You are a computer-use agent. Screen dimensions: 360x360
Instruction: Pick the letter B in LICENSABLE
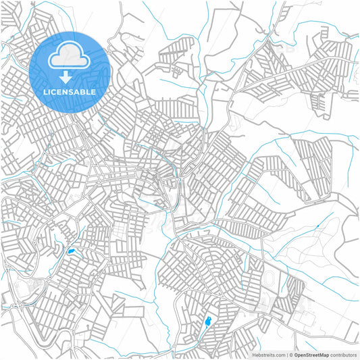[x=84, y=92]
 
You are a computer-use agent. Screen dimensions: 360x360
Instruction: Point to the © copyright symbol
[x=290, y=354]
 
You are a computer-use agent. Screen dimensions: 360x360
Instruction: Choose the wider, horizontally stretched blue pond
[x=71, y=252]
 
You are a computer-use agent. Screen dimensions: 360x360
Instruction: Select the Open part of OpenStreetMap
[x=301, y=354]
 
